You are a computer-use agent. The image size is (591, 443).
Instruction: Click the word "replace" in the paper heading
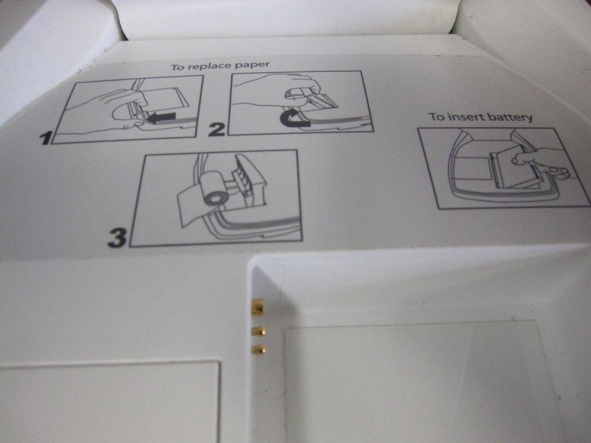pos(208,66)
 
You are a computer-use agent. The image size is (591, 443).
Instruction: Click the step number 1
pos(46,138)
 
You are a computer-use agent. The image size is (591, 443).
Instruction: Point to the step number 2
pos(217,129)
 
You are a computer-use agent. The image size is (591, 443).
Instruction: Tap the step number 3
pos(117,238)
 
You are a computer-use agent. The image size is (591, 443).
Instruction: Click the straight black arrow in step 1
pos(162,118)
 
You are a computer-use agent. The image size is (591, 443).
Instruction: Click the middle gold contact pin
pos(259,331)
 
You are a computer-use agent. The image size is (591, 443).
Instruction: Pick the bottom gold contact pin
pos(259,349)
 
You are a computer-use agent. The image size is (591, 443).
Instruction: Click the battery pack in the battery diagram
pos(513,168)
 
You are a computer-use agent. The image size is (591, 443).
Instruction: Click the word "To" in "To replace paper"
pos(177,67)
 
